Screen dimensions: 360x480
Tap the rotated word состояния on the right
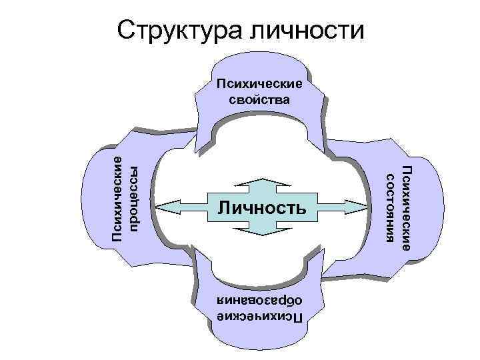click(x=391, y=208)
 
